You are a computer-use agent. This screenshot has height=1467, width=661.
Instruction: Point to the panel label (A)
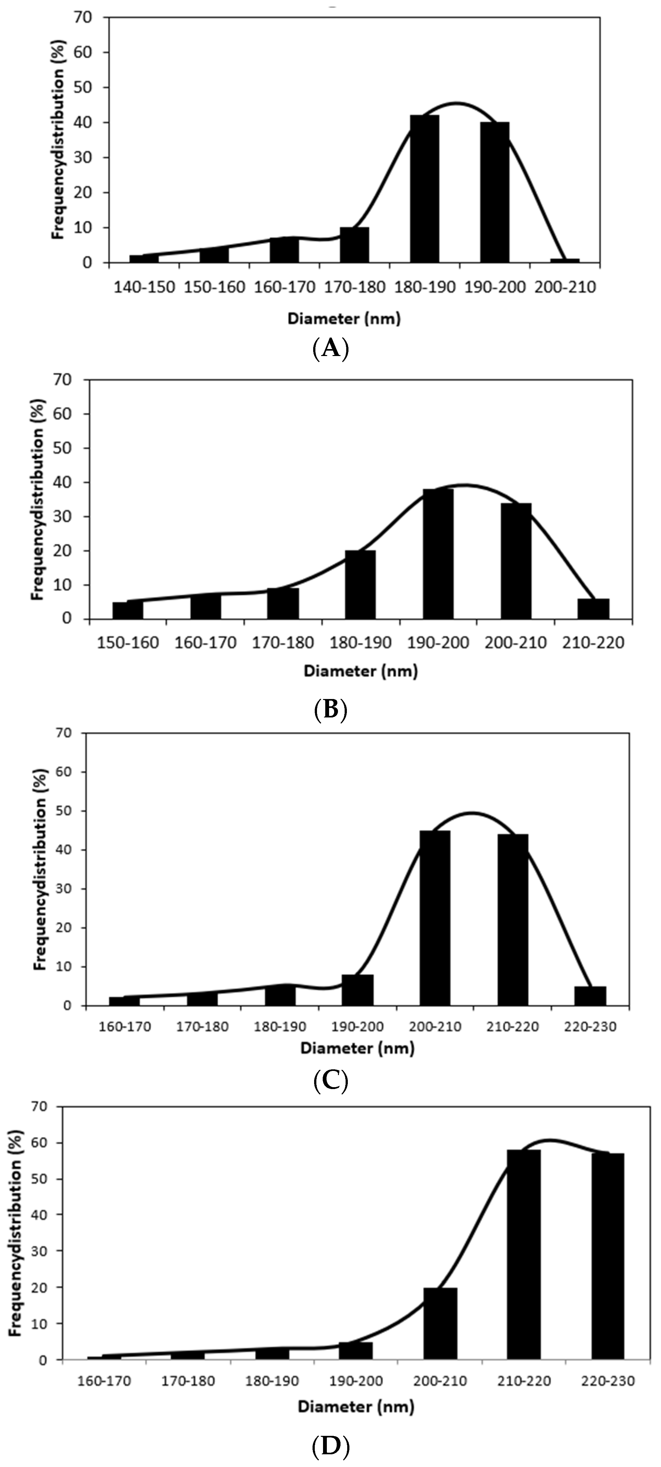(x=331, y=348)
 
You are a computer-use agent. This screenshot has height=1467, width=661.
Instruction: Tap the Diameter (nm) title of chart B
(x=360, y=671)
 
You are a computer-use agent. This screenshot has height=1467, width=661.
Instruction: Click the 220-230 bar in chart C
(x=590, y=996)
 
